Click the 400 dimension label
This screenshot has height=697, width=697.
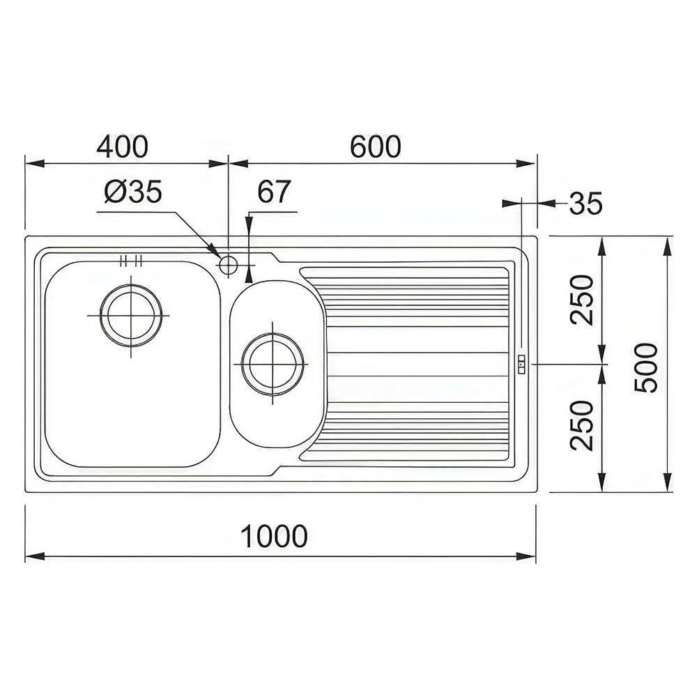point(122,146)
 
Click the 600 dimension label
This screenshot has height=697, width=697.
point(375,146)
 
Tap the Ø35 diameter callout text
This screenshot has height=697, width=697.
point(133,192)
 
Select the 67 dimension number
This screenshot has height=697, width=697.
point(274,191)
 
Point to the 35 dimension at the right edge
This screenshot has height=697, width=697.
point(586,204)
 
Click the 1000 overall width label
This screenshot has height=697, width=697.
point(274,536)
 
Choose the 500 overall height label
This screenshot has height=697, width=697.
point(645,367)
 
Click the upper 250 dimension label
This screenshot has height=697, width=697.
point(582,300)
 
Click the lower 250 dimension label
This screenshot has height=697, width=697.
point(582,425)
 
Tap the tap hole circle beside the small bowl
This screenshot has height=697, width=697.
point(229,266)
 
